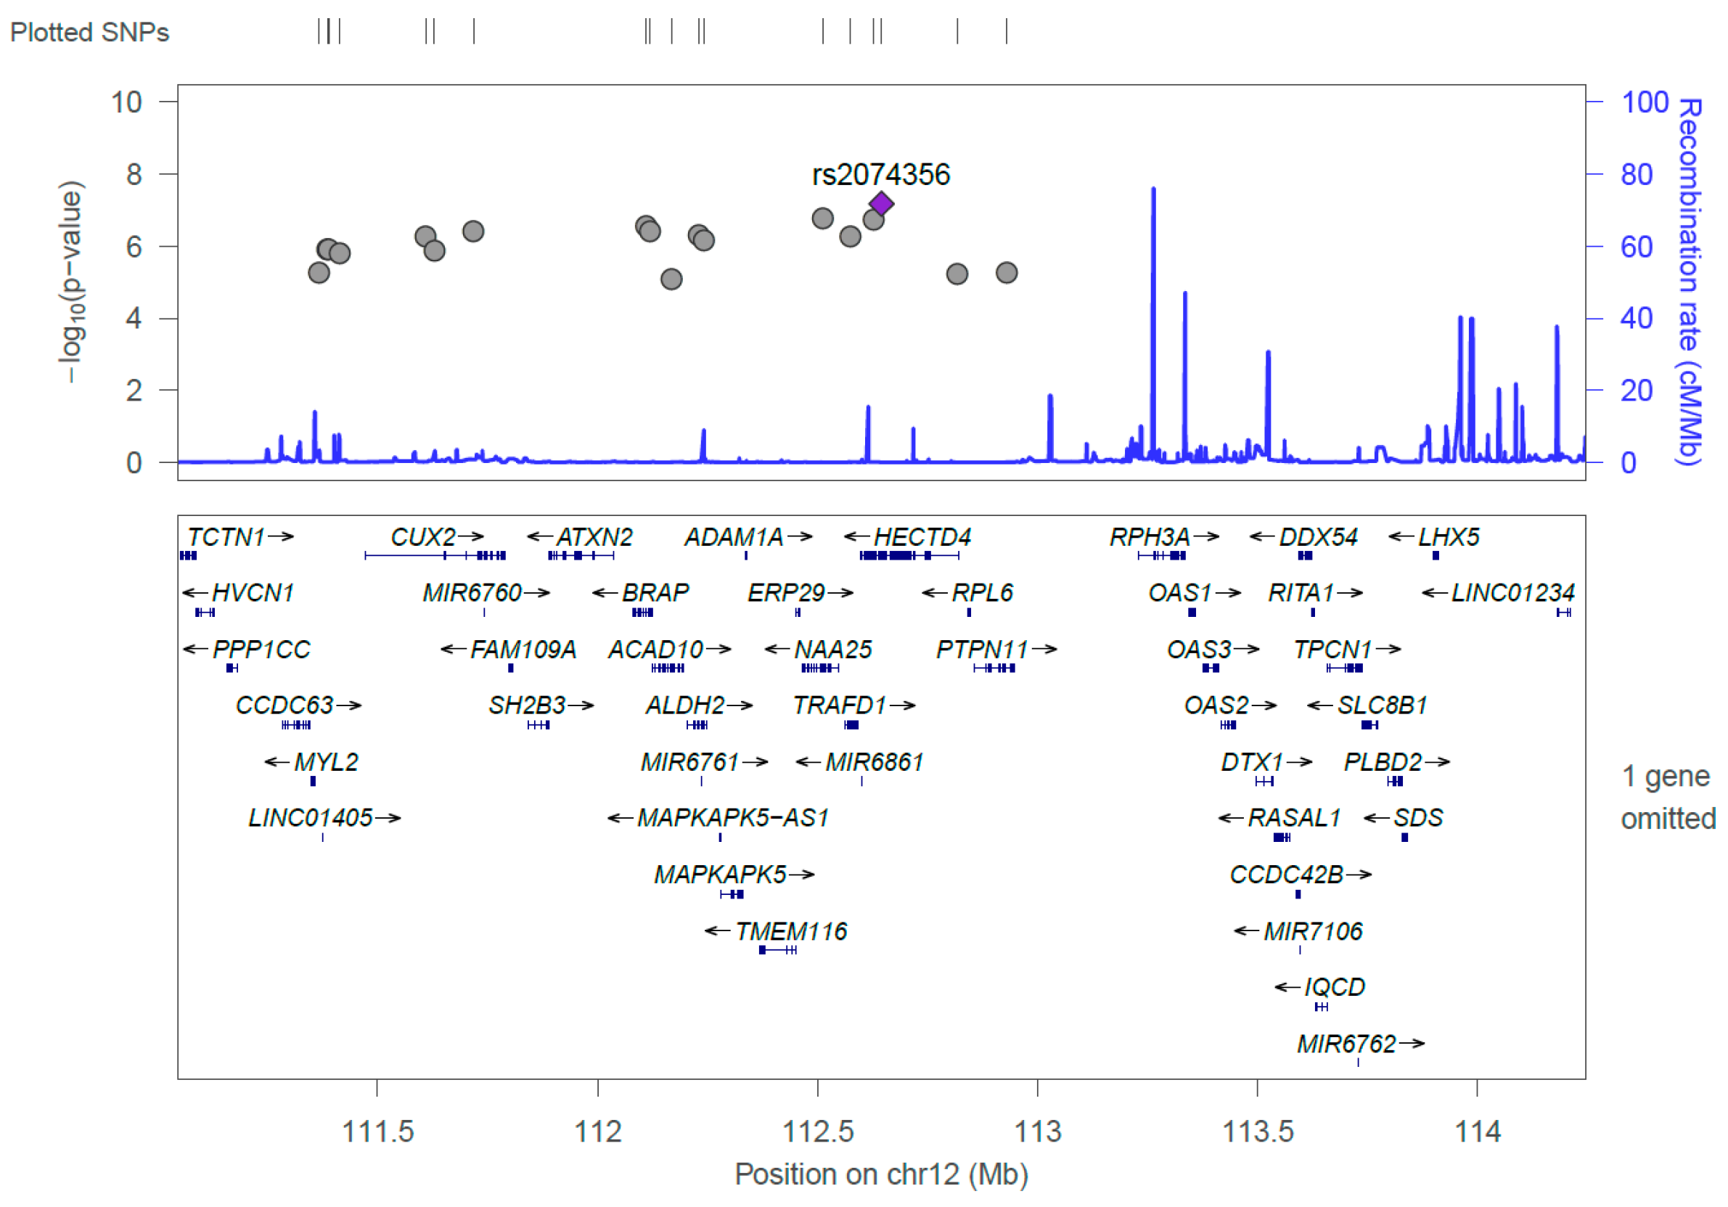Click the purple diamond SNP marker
880,203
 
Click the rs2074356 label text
880,175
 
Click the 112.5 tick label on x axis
817,1131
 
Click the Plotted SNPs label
89,33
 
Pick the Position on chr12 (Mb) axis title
880,1174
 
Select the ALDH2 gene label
685,705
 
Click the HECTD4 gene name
921,537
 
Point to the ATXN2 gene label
594,537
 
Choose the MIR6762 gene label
1346,1044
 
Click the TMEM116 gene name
790,932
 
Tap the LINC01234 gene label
1512,593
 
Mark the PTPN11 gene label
981,650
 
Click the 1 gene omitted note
1667,797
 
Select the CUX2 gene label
423,537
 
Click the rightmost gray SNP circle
1006,273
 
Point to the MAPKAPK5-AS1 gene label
732,818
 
